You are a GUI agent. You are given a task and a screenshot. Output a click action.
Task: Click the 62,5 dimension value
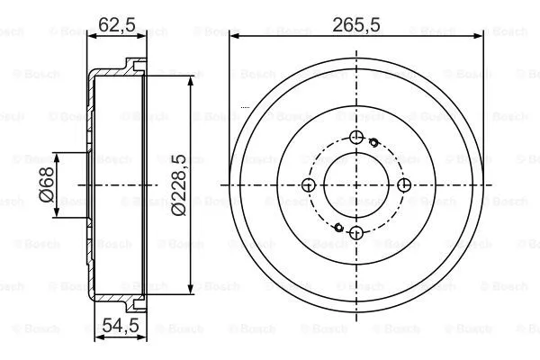(x=117, y=25)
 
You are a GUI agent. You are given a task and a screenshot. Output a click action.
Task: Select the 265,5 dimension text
(x=356, y=25)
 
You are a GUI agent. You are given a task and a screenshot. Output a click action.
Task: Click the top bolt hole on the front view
(x=356, y=137)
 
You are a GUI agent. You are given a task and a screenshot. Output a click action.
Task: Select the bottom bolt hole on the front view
(x=356, y=234)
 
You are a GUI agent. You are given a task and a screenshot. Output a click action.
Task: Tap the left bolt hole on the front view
(x=309, y=185)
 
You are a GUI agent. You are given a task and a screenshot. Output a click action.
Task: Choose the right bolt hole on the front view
(x=405, y=185)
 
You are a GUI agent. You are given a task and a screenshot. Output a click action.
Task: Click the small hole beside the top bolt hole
(x=373, y=141)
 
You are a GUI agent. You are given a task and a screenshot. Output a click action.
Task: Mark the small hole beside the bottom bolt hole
(x=337, y=229)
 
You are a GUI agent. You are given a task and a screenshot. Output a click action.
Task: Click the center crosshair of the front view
(x=356, y=185)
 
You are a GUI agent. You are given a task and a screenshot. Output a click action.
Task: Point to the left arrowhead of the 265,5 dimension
(x=233, y=37)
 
